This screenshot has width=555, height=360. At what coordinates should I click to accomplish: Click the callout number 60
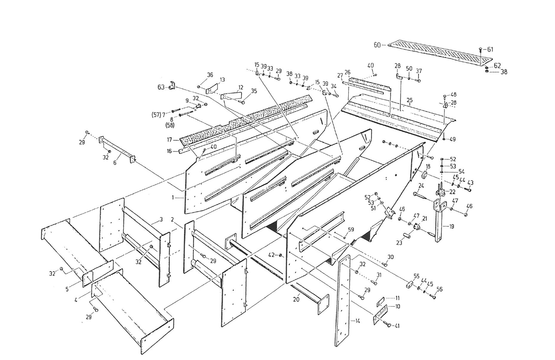click(x=377, y=44)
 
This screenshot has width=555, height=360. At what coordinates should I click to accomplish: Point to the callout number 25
click(x=410, y=101)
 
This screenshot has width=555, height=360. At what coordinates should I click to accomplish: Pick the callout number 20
click(x=296, y=300)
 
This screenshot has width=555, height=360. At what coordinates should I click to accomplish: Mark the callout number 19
click(x=451, y=227)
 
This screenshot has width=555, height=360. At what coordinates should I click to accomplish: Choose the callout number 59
click(x=350, y=229)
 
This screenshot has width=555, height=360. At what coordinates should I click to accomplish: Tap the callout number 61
click(x=490, y=49)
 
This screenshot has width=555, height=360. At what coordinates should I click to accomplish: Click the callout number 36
click(x=210, y=74)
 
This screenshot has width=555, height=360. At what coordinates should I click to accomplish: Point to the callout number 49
click(x=453, y=139)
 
